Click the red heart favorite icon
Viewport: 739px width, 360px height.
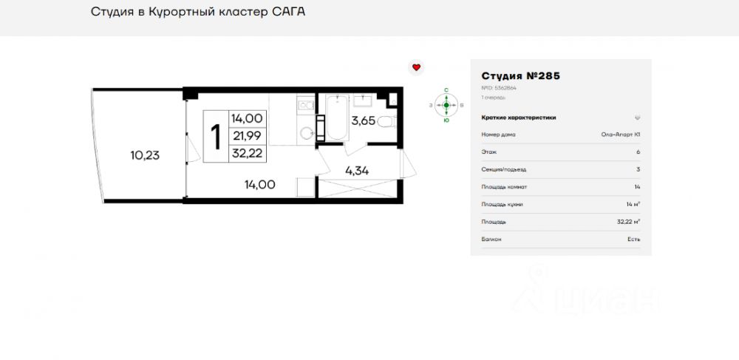pos(416,67)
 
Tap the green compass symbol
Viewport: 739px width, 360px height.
pos(446,105)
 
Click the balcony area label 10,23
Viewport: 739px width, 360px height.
pos(145,155)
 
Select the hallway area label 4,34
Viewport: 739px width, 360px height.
pos(357,171)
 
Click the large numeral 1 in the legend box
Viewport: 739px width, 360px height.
pos(217,137)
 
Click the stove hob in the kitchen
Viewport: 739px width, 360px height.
pos(304,106)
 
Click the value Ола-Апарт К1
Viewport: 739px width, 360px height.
pos(620,135)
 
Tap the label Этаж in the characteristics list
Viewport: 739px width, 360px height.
pos(488,152)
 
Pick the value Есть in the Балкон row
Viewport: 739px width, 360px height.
pos(634,239)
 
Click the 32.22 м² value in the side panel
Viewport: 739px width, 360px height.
pos(628,221)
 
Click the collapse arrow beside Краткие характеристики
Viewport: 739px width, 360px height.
pos(637,118)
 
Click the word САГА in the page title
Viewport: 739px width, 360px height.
pos(288,12)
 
